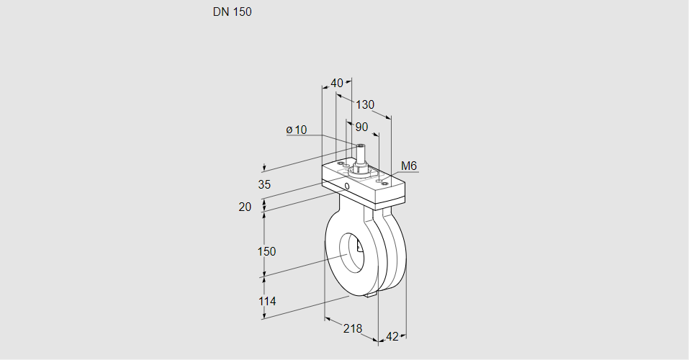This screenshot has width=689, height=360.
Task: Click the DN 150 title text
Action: point(232,12)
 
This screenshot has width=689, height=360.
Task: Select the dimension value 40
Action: point(337,83)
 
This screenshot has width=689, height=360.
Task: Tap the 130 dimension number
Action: point(365,104)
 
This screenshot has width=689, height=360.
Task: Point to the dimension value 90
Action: point(361,127)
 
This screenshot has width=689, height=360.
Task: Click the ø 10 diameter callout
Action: point(297,130)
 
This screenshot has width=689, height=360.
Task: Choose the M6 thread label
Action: point(409,166)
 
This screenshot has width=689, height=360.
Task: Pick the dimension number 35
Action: point(264,184)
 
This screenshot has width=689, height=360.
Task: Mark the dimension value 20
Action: point(245,207)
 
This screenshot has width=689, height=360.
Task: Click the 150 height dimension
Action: point(267,251)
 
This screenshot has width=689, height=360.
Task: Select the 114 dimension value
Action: point(266,301)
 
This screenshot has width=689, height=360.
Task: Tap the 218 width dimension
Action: point(353,328)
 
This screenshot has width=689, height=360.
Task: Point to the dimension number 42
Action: point(392,336)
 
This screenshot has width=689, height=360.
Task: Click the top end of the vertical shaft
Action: point(359,146)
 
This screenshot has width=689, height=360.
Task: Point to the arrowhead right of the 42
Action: point(403,336)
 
